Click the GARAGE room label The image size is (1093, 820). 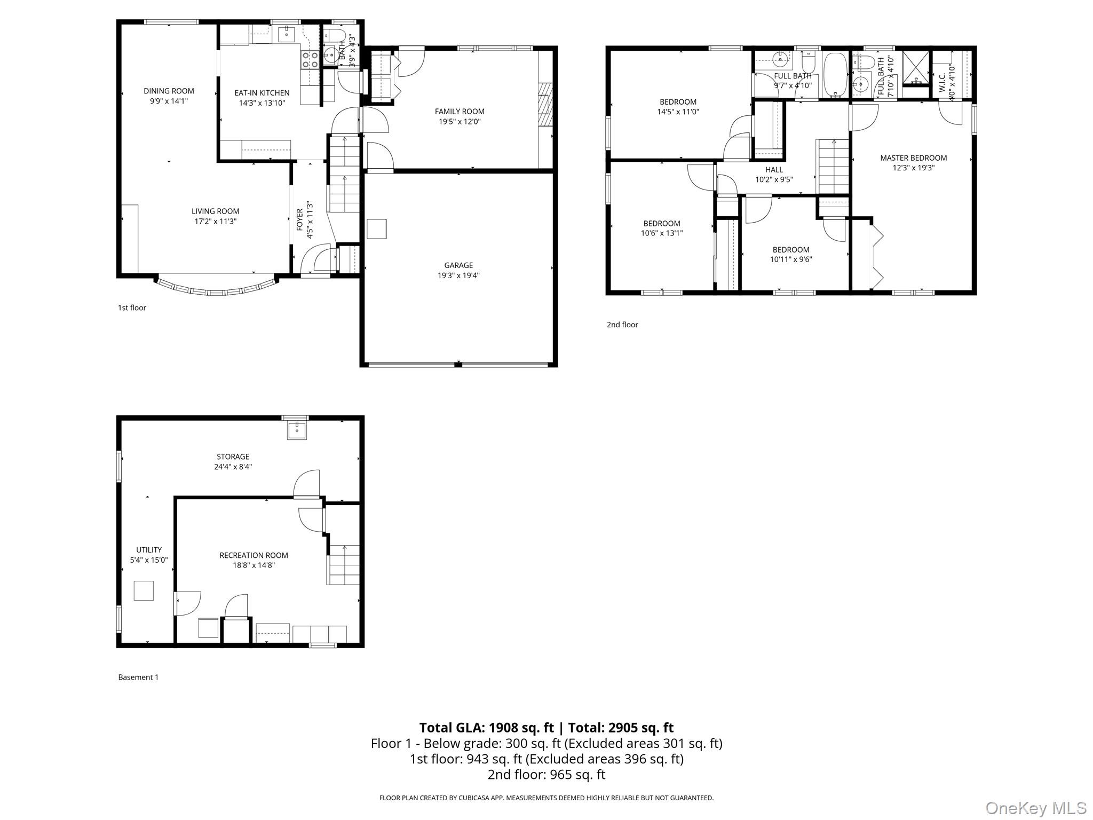point(458,265)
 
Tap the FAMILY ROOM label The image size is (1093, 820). point(460,112)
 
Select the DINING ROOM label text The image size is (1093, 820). point(169,91)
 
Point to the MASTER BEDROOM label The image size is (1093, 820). point(913,158)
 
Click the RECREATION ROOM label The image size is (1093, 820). point(254,555)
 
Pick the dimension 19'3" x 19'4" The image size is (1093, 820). point(458,275)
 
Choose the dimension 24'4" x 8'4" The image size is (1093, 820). point(233,467)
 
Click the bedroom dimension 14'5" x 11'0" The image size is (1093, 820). point(678,112)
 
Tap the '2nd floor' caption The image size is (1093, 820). point(622,325)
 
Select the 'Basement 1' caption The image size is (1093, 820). point(138,677)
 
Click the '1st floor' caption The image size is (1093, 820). point(132,307)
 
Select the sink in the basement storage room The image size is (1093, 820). point(297,430)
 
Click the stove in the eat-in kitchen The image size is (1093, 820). point(310,59)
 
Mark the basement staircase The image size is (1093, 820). point(344,565)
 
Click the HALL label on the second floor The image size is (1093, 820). point(774,170)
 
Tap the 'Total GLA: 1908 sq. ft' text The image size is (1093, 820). point(486,728)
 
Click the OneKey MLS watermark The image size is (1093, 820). point(1036,808)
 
